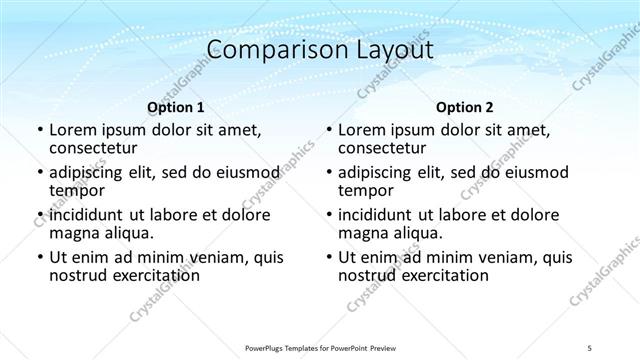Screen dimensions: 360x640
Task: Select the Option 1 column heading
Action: coord(175,107)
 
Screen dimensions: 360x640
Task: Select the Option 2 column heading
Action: coord(463,107)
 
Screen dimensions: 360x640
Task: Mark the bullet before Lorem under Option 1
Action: coord(39,131)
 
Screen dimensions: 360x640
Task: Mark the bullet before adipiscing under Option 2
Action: coord(328,173)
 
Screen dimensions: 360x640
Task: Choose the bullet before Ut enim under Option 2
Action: coord(328,257)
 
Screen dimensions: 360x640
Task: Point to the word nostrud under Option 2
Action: coord(367,275)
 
